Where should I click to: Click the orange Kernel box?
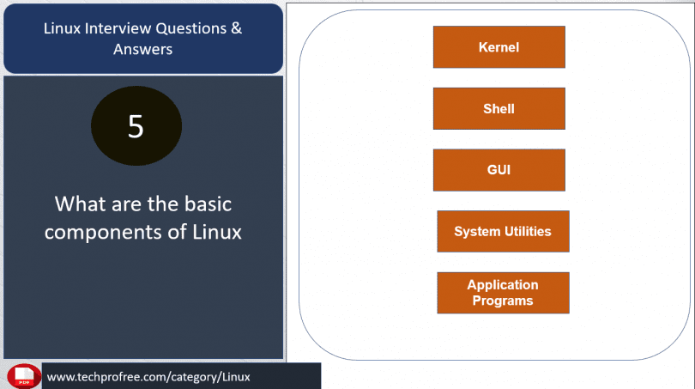(x=499, y=47)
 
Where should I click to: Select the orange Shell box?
(x=499, y=109)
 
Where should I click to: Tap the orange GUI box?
(x=499, y=170)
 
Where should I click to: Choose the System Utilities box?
(x=503, y=231)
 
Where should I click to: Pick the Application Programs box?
(x=503, y=293)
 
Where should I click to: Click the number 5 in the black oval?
(x=136, y=126)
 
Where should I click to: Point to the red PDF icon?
(x=24, y=376)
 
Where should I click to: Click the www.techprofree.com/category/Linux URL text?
(x=148, y=377)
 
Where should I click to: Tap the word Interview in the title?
(x=119, y=28)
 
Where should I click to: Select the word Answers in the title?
(x=142, y=49)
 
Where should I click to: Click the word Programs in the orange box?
(x=503, y=301)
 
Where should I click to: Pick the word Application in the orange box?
(x=503, y=285)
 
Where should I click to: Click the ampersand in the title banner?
(x=236, y=28)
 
